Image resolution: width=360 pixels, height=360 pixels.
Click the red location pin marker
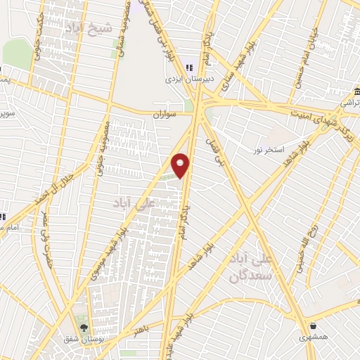pos(181,165)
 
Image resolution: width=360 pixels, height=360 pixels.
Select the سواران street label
pos(167,114)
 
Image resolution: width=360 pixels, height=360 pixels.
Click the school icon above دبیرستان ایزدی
pos(189,67)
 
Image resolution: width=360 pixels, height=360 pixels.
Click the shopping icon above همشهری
pos(313,326)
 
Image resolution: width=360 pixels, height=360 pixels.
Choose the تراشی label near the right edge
pos(349,103)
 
